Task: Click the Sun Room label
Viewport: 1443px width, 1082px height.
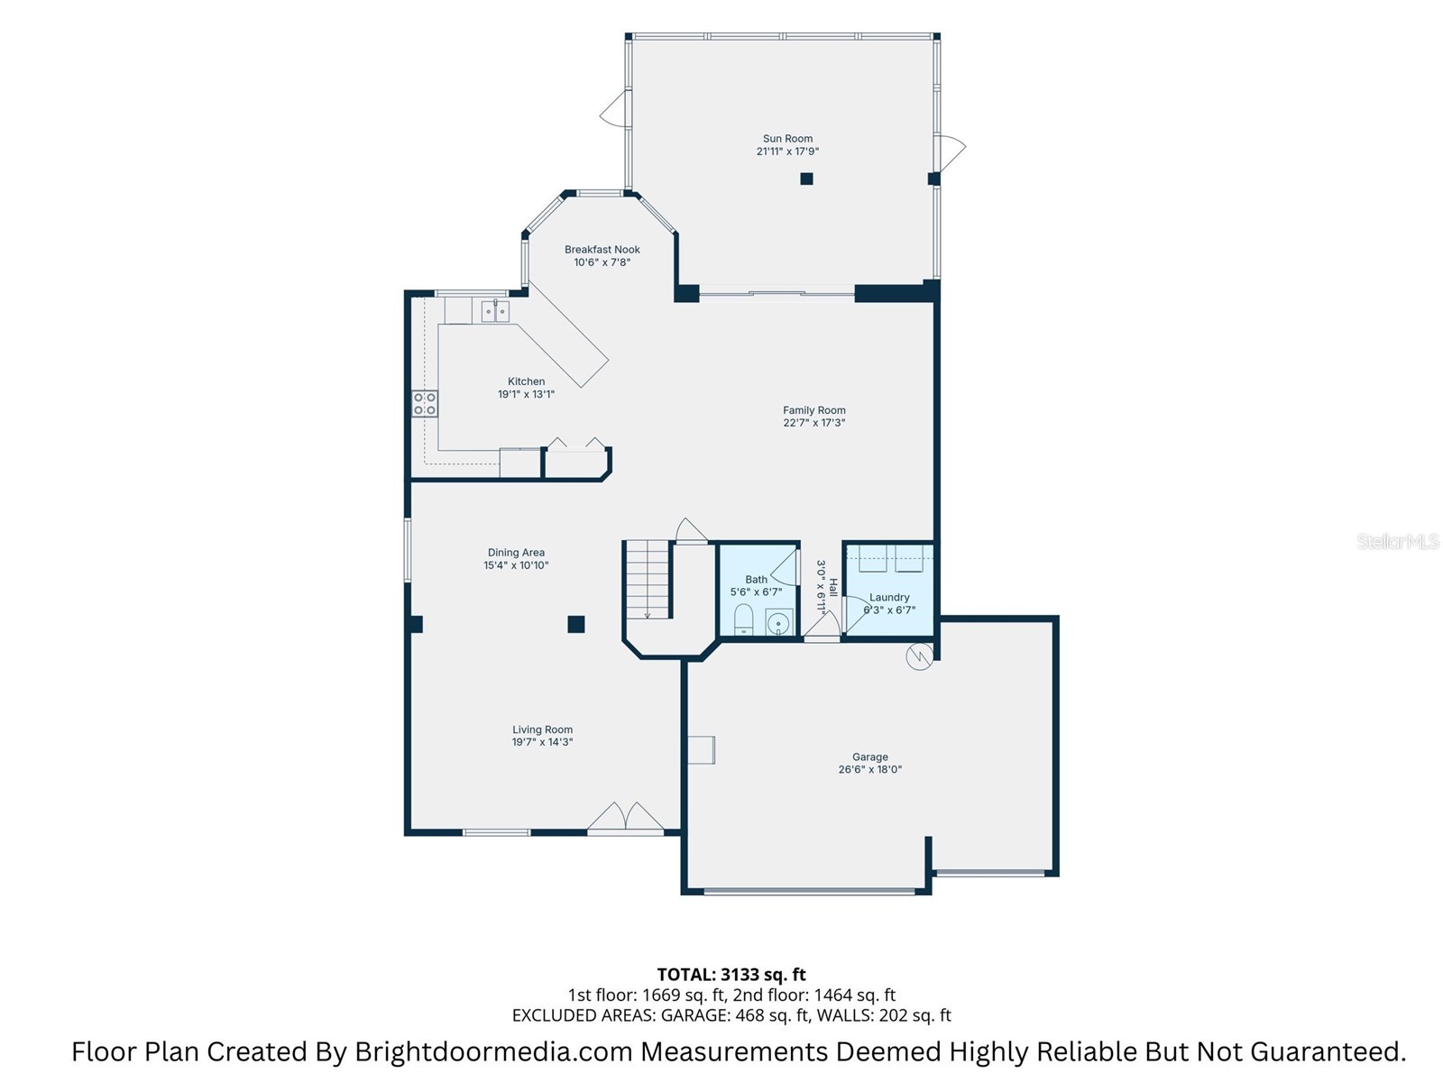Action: click(787, 139)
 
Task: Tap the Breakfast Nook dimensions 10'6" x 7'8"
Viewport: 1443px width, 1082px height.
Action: click(602, 262)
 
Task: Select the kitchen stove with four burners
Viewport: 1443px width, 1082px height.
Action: click(425, 404)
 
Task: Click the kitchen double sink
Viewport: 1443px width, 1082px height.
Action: click(494, 312)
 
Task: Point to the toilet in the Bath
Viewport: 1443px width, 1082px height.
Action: click(743, 620)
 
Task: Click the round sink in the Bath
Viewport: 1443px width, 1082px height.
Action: click(777, 623)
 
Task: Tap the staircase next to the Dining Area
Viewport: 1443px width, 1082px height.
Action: click(648, 579)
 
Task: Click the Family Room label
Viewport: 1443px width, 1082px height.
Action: click(813, 410)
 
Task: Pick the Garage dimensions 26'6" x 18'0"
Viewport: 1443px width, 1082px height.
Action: click(869, 770)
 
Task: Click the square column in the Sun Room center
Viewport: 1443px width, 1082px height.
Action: click(806, 179)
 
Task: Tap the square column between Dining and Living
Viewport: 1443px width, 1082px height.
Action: click(575, 624)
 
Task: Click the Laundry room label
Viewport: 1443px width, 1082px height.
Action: click(889, 597)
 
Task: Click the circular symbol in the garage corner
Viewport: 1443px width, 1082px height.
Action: click(918, 657)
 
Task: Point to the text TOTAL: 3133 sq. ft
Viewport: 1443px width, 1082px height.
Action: click(731, 974)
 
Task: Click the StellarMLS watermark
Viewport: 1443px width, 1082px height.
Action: click(1397, 541)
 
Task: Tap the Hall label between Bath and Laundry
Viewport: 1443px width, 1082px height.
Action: click(833, 587)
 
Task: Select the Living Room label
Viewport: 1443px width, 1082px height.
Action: click(542, 729)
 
